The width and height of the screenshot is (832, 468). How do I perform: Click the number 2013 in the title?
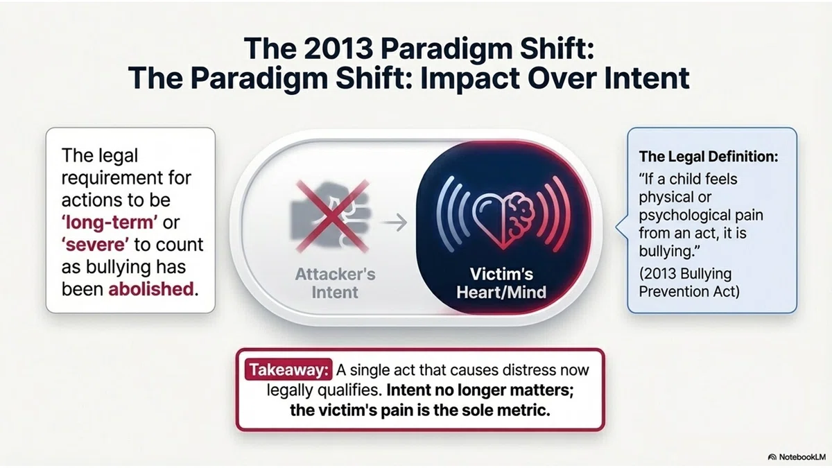point(338,49)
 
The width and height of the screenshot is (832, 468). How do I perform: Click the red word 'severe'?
point(96,245)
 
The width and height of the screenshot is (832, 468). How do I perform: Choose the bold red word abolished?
point(151,289)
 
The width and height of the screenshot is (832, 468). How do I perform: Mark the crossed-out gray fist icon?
point(331,216)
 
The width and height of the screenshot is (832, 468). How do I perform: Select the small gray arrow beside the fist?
point(394,223)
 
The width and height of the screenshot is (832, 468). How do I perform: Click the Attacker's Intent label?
point(335,283)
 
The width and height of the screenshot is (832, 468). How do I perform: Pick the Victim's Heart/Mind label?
point(501,283)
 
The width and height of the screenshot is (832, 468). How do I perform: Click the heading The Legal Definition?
point(709,157)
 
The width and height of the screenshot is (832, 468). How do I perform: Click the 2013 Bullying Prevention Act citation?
point(689,283)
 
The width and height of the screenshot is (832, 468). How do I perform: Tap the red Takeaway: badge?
point(288,370)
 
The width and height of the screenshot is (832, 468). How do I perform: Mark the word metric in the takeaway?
point(526,410)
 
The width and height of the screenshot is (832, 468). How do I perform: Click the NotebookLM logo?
point(797,457)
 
